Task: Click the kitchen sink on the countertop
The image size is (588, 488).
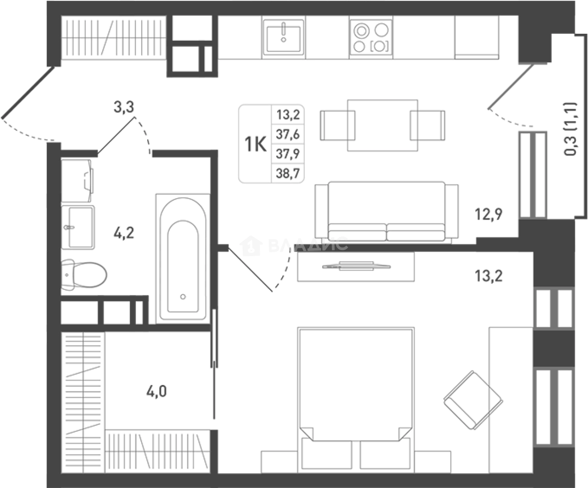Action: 283,37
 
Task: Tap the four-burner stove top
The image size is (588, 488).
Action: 371,37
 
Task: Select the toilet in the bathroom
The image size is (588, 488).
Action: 84,275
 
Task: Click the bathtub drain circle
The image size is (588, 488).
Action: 183,296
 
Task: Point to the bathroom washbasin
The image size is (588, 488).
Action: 78,227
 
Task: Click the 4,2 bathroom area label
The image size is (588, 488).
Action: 124,233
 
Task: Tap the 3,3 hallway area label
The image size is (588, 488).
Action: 124,107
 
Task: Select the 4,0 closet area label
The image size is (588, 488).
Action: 157,391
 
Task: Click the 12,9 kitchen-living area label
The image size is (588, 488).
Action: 489,214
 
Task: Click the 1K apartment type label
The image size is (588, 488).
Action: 256,144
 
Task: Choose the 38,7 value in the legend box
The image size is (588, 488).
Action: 288,173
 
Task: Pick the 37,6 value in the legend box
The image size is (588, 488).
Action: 288,134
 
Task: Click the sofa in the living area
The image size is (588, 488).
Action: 387,212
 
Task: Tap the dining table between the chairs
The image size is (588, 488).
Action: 383,125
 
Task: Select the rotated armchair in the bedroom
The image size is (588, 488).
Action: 474,400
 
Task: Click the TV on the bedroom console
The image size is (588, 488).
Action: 356,266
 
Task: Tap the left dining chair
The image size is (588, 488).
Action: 337,125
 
